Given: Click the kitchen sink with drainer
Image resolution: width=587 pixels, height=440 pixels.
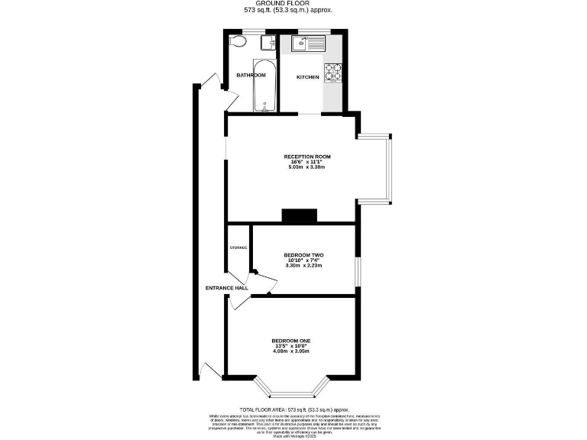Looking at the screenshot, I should point(310,44).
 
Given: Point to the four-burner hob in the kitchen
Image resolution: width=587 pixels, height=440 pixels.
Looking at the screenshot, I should point(333,73).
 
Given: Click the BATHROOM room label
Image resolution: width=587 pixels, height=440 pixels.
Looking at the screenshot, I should point(251,75).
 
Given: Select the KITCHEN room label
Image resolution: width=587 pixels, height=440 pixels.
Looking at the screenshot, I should point(308,77).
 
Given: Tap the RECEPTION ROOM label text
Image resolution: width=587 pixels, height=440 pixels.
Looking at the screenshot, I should point(307,157).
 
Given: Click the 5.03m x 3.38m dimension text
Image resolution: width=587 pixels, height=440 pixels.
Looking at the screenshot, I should point(307,167).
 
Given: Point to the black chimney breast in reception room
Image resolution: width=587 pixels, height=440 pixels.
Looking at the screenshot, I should point(300,216).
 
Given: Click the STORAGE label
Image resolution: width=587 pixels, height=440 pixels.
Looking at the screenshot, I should point(238,247).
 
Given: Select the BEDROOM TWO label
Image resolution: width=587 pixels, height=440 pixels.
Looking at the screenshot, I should point(303,255).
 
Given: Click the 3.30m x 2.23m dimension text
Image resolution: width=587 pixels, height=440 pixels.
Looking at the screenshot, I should point(303,265).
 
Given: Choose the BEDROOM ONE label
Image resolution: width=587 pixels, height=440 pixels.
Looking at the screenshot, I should point(290,341).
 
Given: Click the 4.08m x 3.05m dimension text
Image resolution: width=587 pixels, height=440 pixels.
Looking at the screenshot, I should point(290,351).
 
